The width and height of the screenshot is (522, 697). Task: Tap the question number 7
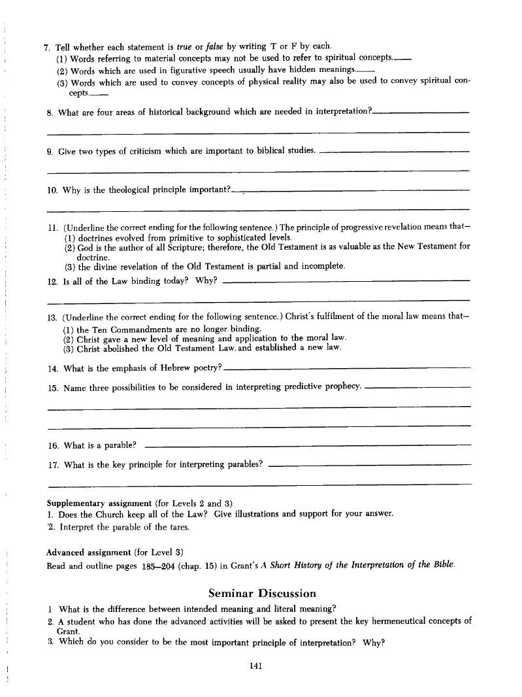point(46,47)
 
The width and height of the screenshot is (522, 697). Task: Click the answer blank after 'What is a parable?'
point(307,446)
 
